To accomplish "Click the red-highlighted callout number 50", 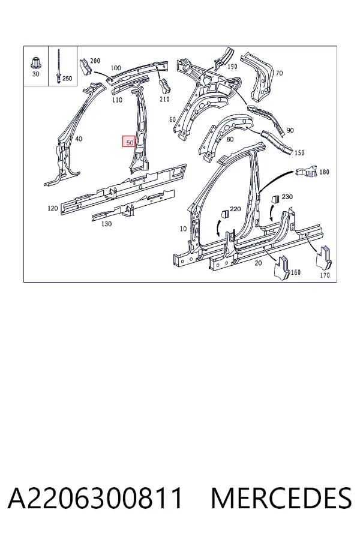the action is [x=130, y=142].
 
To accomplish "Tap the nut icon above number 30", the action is [x=35, y=63].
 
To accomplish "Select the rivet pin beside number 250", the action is [x=59, y=67].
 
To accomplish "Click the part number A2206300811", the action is [x=95, y=498].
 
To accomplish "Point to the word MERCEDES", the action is [x=281, y=498].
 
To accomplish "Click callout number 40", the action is [x=79, y=139].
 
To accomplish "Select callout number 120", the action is [x=53, y=208].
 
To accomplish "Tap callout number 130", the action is [x=106, y=224].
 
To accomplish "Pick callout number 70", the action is [x=279, y=73].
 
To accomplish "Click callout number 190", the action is [x=233, y=67].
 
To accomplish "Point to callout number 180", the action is [x=324, y=172].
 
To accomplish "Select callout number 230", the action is [x=287, y=197].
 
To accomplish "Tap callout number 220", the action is [x=235, y=209].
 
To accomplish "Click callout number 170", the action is [x=325, y=275].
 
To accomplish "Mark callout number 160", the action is [x=296, y=272].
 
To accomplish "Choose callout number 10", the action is [x=183, y=229].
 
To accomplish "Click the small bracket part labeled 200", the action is [x=85, y=67].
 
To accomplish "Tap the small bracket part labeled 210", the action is [x=165, y=85].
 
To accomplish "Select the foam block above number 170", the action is [x=325, y=257].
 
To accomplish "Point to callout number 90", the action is [x=290, y=130].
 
